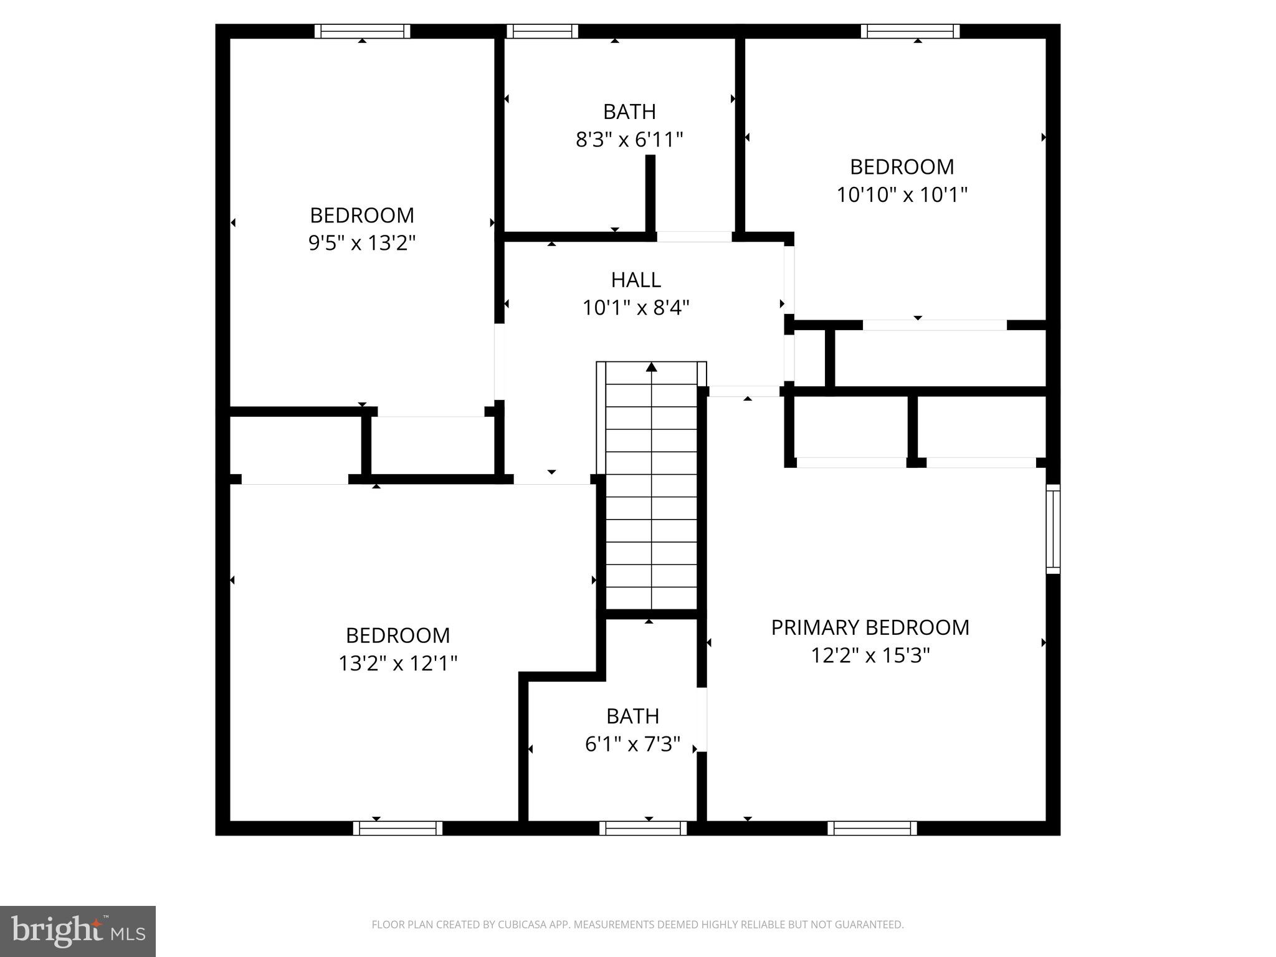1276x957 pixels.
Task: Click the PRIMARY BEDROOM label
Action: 870,627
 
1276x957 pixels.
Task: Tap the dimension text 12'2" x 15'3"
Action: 870,655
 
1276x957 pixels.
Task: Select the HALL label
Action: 636,280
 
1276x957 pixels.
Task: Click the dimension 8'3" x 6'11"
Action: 629,140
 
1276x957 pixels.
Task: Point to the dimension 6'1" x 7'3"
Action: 632,744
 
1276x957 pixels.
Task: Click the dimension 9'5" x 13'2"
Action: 362,242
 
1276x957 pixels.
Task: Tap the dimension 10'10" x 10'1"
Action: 902,194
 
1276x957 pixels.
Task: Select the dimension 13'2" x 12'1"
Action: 398,663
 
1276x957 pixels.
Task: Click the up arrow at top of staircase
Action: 652,367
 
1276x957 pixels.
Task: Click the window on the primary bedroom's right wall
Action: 1052,529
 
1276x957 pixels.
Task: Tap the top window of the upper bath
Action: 542,31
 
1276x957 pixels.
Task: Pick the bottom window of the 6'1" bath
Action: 643,828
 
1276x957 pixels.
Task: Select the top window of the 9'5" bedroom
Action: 362,31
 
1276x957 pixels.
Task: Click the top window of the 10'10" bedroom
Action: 910,31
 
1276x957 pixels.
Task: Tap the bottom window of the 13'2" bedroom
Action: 398,828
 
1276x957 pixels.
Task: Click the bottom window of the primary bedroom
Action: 872,828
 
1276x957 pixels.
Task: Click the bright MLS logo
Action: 77,931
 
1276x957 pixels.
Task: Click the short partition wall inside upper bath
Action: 650,193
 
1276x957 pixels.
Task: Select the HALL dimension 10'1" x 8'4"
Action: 636,308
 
